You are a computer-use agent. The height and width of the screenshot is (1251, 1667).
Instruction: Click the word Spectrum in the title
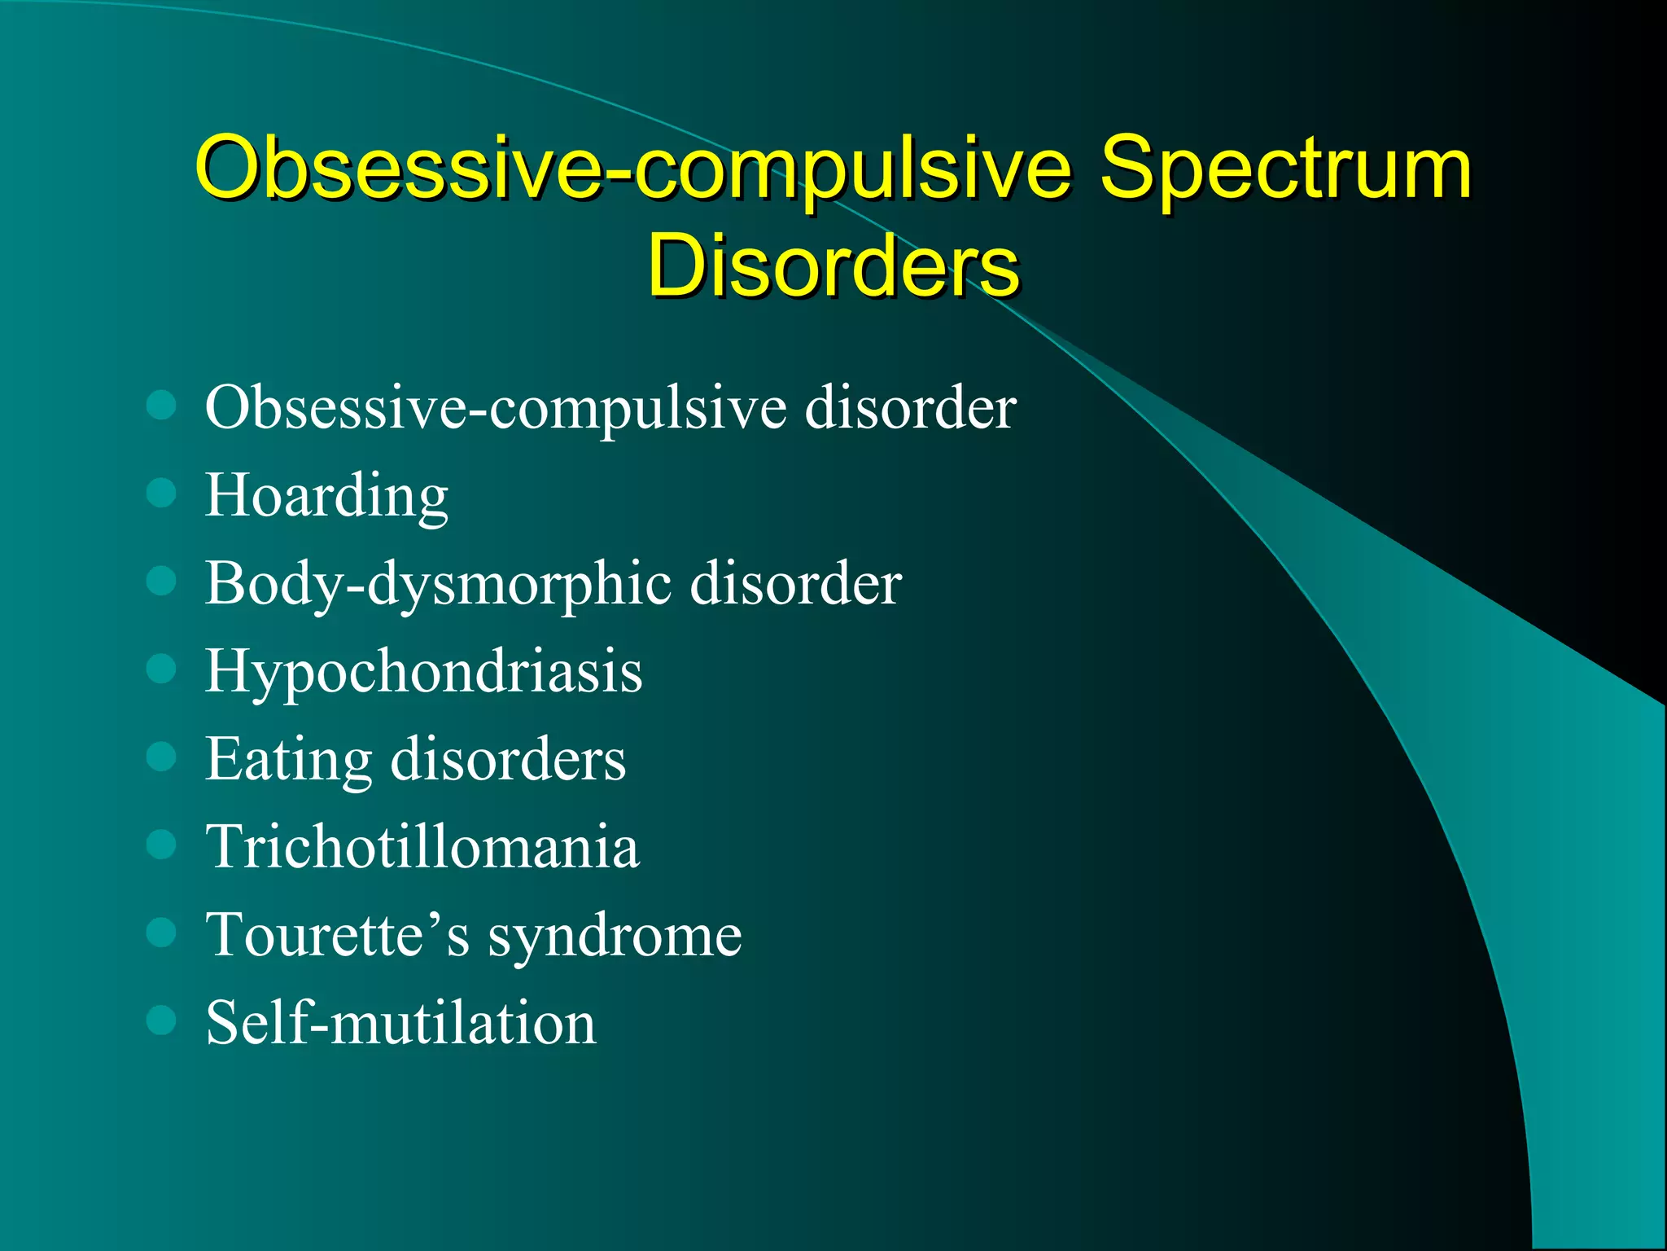pos(1285,169)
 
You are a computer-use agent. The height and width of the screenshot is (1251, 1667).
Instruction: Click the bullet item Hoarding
pos(326,496)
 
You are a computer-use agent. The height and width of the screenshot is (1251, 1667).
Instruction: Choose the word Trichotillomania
pos(422,847)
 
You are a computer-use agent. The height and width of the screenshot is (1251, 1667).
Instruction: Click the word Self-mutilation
pos(400,1023)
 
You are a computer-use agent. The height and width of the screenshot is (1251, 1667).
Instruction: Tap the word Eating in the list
pos(288,760)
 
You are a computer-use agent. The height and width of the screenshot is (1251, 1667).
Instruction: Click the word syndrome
pos(615,936)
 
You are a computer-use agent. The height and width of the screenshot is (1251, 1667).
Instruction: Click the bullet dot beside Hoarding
pos(161,493)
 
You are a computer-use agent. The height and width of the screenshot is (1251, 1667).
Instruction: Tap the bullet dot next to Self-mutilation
pos(161,1020)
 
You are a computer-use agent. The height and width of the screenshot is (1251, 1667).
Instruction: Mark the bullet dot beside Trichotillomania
pos(161,845)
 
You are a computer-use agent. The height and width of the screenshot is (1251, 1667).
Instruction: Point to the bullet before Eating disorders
pos(161,757)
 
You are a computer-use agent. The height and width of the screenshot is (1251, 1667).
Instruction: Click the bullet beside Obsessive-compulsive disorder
pos(161,405)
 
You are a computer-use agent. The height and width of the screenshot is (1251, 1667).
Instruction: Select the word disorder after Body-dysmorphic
pos(795,583)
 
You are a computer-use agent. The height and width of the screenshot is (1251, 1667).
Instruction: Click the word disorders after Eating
pos(508,759)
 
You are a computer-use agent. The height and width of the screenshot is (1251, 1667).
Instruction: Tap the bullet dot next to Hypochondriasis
pos(161,669)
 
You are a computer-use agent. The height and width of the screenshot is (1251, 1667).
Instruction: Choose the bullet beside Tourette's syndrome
pos(161,933)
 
